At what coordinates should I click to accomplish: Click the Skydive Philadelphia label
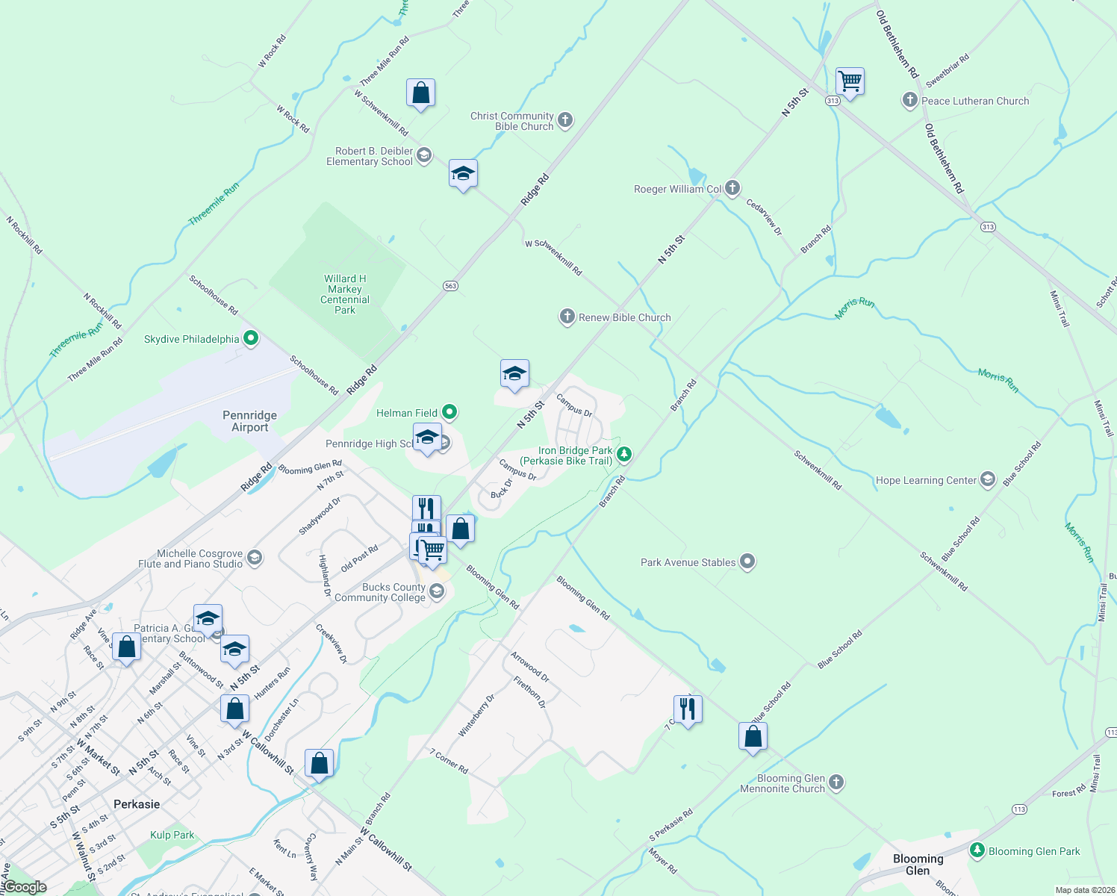[x=192, y=340]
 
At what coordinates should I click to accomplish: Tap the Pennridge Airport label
[x=249, y=421]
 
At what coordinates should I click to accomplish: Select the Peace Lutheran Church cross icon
[x=909, y=100]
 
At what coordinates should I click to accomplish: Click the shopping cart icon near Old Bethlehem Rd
[x=850, y=81]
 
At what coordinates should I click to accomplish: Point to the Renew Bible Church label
[x=624, y=317]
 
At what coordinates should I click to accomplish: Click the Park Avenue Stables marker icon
[x=747, y=562]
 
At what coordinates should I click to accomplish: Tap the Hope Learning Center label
[x=926, y=480]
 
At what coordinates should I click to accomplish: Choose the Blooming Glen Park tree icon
[x=977, y=850]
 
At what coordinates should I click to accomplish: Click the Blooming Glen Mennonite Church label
[x=782, y=783]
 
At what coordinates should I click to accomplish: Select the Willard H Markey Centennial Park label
[x=345, y=294]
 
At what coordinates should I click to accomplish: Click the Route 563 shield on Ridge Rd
[x=449, y=286]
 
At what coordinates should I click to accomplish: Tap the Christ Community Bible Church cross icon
[x=565, y=120]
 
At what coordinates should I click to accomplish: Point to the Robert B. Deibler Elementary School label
[x=370, y=156]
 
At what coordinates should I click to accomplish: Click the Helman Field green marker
[x=449, y=412]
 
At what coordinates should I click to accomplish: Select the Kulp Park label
[x=172, y=835]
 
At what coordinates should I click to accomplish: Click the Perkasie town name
[x=137, y=804]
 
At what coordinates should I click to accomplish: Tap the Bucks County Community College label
[x=380, y=592]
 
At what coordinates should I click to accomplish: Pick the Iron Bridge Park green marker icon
[x=624, y=454]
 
